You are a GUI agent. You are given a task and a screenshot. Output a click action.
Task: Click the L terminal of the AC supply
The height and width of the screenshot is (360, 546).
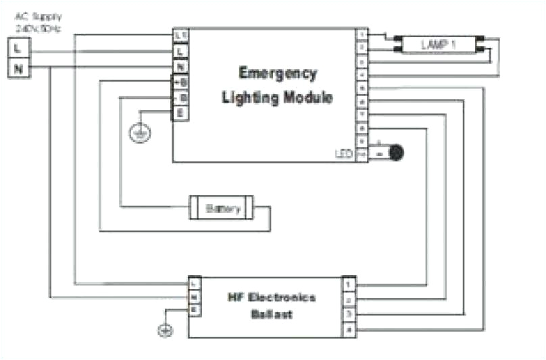pyautogui.click(x=18, y=49)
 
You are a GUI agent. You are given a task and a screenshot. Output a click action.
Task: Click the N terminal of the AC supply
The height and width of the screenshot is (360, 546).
pyautogui.click(x=18, y=68)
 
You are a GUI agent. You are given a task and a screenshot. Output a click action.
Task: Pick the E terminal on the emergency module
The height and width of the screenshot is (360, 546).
pyautogui.click(x=180, y=113)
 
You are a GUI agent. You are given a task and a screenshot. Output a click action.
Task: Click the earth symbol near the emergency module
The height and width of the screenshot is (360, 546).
pyautogui.click(x=140, y=133)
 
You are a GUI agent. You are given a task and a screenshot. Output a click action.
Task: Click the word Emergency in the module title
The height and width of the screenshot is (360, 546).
pyautogui.click(x=277, y=74)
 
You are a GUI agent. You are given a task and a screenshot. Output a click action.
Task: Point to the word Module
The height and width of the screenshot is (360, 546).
pyautogui.click(x=306, y=98)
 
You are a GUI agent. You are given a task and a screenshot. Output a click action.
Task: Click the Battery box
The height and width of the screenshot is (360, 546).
pyautogui.click(x=222, y=209)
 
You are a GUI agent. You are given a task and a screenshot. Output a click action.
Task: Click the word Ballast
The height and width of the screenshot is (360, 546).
pyautogui.click(x=272, y=314)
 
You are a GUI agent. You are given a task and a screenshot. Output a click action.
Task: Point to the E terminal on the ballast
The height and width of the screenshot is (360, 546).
pyautogui.click(x=194, y=309)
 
